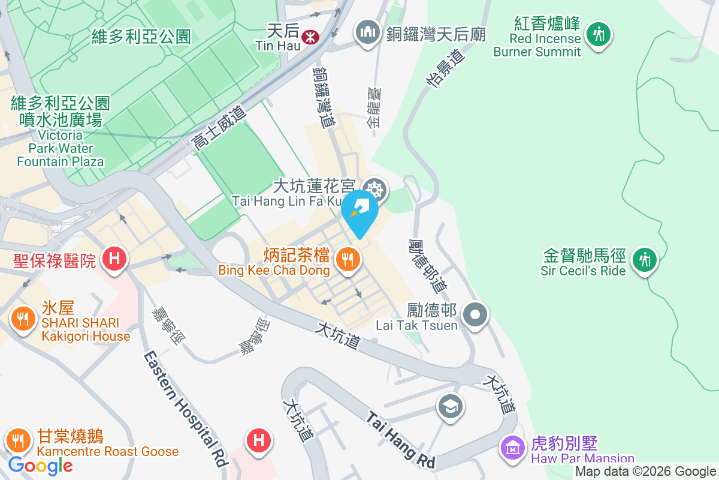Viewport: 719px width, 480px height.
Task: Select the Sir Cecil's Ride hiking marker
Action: tap(644, 260)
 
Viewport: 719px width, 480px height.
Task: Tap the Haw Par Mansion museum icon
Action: tap(513, 447)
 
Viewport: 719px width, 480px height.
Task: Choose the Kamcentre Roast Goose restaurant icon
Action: tap(19, 441)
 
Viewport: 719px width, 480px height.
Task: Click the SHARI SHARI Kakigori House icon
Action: tap(23, 319)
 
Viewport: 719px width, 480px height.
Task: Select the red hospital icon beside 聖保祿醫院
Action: tap(114, 259)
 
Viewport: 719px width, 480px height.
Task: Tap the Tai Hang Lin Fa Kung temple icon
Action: tap(375, 191)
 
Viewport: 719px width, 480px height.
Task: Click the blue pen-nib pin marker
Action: tap(359, 211)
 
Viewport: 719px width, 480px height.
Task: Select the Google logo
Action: tap(41, 466)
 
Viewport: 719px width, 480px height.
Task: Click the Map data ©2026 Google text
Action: tap(645, 472)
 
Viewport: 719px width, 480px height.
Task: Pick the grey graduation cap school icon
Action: tap(449, 407)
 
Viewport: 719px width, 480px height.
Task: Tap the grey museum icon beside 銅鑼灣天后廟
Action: tap(366, 31)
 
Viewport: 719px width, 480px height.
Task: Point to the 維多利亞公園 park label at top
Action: tap(141, 36)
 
